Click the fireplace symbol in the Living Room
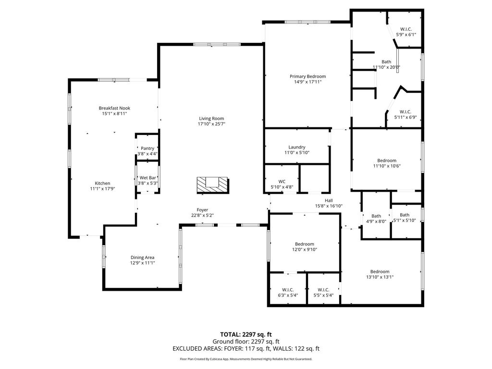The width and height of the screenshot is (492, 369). [x=213, y=185]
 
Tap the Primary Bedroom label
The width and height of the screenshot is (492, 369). [x=307, y=76]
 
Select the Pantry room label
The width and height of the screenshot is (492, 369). [x=148, y=148]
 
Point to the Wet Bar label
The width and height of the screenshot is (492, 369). [x=148, y=178]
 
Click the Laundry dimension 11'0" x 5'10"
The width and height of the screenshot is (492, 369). [x=296, y=152]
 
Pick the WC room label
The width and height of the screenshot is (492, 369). [x=282, y=181]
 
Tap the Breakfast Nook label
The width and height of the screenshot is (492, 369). [x=114, y=108]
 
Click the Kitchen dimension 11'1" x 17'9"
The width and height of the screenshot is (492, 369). [x=103, y=188]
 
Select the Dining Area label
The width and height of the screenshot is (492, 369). [x=142, y=258]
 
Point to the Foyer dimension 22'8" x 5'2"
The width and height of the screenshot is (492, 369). [x=202, y=215]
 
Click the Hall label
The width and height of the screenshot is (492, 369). [x=329, y=200]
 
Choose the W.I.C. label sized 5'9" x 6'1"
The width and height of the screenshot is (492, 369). [x=406, y=29]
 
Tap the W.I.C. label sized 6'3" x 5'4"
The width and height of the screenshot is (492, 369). [x=288, y=290]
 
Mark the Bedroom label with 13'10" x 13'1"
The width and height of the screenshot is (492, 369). [x=380, y=271]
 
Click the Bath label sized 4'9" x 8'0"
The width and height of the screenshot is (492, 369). [x=376, y=216]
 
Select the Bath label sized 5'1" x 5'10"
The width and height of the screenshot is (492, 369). [x=405, y=215]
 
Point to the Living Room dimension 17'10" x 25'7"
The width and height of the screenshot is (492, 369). [x=211, y=124]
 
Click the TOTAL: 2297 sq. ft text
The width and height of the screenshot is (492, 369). [x=246, y=334]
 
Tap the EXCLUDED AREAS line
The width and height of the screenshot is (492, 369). [x=246, y=349]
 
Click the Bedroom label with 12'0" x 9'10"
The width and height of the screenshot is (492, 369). [x=304, y=244]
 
